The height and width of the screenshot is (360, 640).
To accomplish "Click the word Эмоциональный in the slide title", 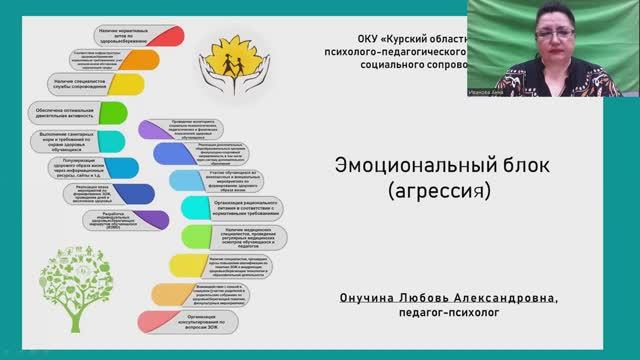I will pos(388,165).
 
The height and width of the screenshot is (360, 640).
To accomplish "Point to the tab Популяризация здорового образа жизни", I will pos(90,169).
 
